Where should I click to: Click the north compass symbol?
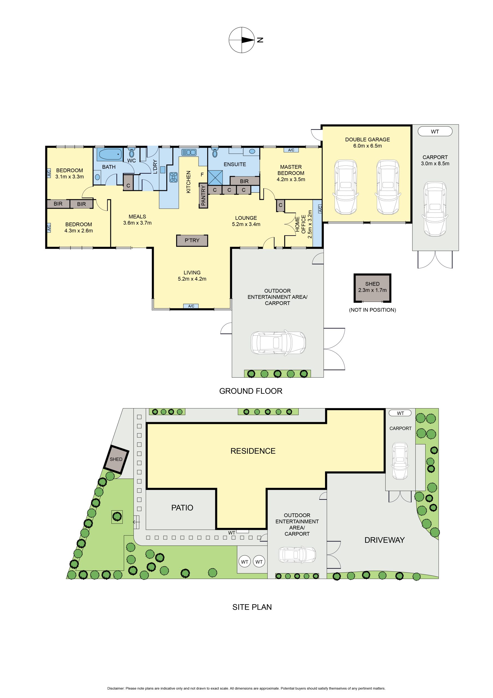pyautogui.click(x=241, y=40)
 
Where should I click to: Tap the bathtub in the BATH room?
pyautogui.click(x=109, y=154)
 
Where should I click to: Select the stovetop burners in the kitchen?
pyautogui.click(x=173, y=177)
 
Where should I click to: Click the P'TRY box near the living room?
pyautogui.click(x=192, y=240)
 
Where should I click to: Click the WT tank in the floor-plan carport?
pyautogui.click(x=435, y=131)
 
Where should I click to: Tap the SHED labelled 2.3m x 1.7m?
pyautogui.click(x=372, y=288)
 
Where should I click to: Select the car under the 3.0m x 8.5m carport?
pyautogui.click(x=435, y=209)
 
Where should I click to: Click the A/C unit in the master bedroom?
pyautogui.click(x=291, y=150)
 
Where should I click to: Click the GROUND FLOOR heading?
pyautogui.click(x=251, y=391)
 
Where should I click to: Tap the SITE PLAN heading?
pyautogui.click(x=252, y=607)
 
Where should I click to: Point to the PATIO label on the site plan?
pyautogui.click(x=182, y=508)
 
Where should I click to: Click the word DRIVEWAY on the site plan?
pyautogui.click(x=384, y=540)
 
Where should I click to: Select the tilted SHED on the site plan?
pyautogui.click(x=116, y=459)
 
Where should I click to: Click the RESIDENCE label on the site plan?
pyautogui.click(x=253, y=451)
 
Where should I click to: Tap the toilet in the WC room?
pyautogui.click(x=132, y=152)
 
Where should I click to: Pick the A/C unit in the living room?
pyautogui.click(x=191, y=306)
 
